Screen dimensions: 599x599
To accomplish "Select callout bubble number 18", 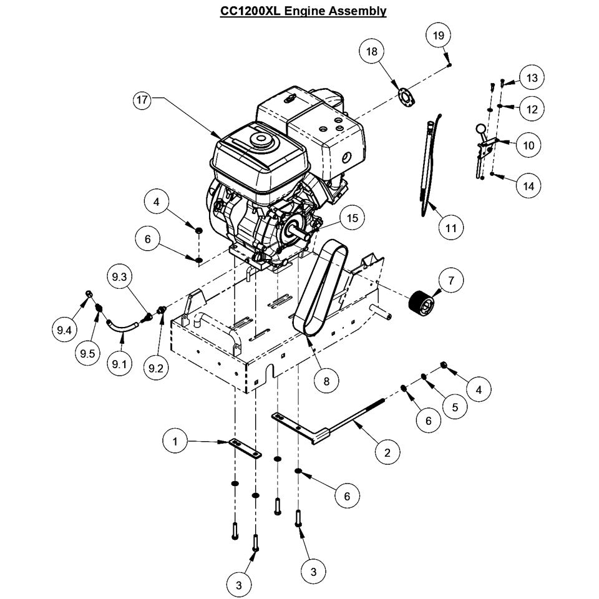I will tap(372, 52).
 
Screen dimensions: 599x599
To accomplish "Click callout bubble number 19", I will tap(439, 35).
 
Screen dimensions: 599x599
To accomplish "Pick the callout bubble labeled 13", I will tap(532, 78).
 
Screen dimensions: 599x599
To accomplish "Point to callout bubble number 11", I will tap(451, 228).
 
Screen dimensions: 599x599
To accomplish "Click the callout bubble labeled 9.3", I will tap(119, 278).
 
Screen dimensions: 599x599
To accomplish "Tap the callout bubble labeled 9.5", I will tap(87, 354).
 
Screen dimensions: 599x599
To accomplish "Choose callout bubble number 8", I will tap(326, 379).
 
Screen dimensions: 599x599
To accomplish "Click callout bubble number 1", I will tap(175, 441).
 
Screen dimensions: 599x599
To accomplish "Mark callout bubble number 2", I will tap(387, 452).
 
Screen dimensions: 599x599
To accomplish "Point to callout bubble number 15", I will tap(353, 218).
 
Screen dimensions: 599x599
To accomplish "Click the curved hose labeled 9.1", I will tap(122, 326).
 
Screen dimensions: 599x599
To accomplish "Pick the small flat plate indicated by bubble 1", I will tap(245, 447).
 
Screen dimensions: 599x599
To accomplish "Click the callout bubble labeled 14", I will tap(529, 185).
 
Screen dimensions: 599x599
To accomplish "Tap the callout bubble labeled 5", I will tap(455, 407).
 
